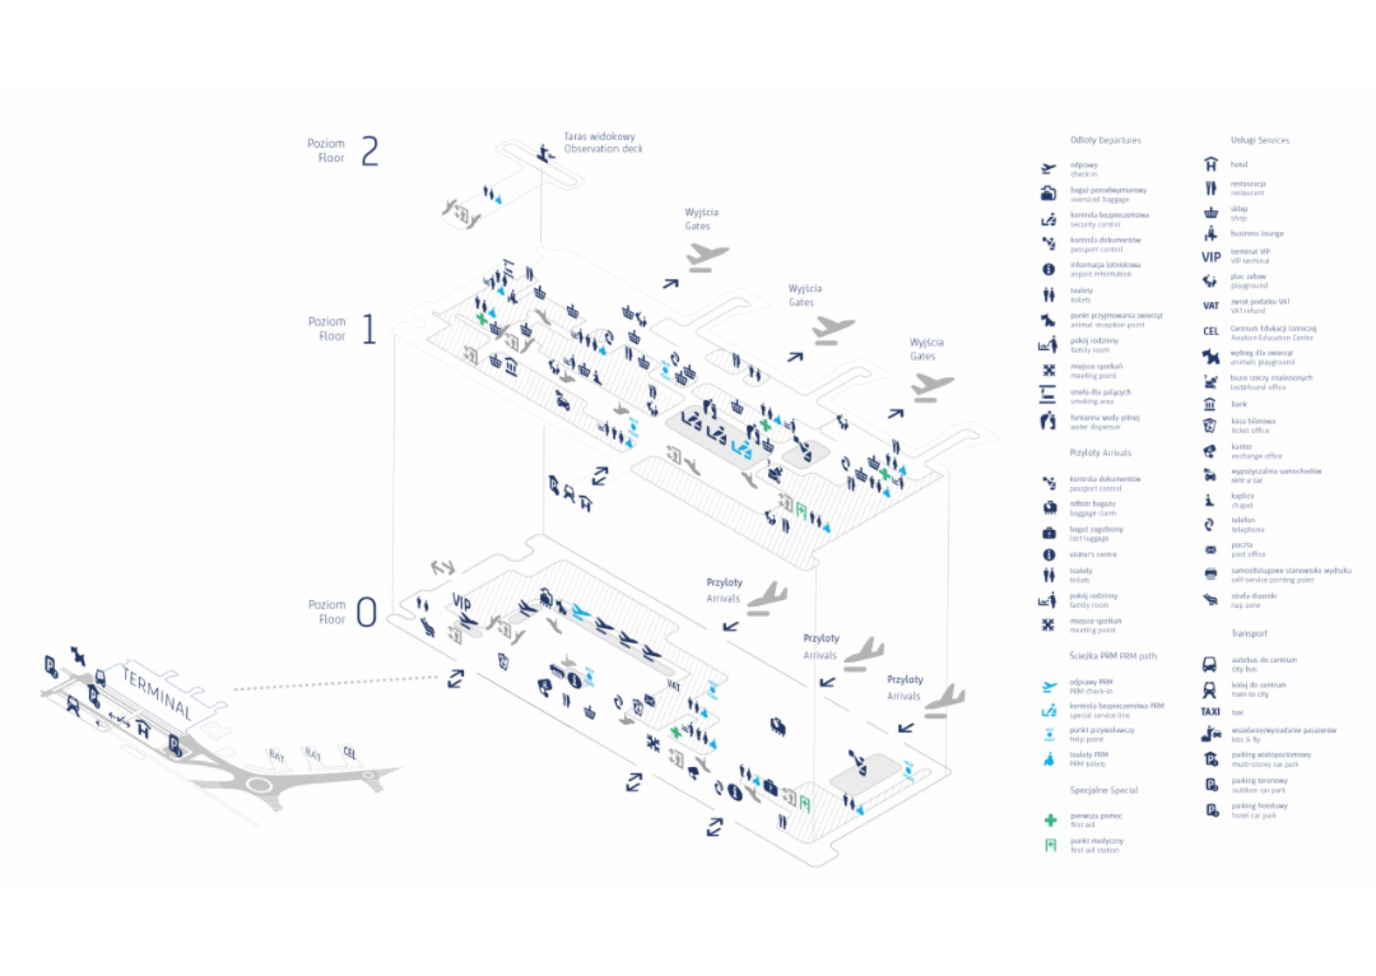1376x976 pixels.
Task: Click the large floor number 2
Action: (370, 151)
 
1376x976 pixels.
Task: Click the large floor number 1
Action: (369, 329)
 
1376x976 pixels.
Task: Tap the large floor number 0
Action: (366, 612)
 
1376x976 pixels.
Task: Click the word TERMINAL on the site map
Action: (157, 693)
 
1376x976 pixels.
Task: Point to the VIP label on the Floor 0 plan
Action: (462, 601)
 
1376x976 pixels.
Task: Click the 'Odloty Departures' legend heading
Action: (1105, 140)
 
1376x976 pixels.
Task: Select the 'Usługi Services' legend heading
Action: (1259, 140)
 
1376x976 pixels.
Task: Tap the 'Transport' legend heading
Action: (1249, 633)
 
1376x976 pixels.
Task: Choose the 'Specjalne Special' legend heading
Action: (1104, 790)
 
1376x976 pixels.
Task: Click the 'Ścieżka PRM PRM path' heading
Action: (1112, 656)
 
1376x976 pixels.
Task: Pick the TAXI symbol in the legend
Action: (1210, 712)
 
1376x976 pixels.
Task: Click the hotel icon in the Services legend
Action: (1210, 164)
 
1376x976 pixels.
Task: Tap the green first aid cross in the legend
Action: (1050, 820)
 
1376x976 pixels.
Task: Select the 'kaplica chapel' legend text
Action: (1243, 500)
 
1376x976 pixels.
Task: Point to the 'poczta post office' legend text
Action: (1248, 550)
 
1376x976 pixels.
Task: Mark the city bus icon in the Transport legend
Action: (1209, 664)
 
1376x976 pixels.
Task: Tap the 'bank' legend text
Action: (1239, 404)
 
